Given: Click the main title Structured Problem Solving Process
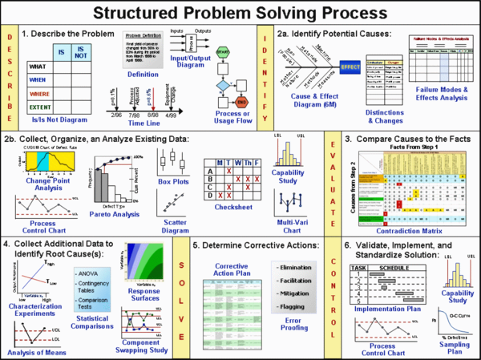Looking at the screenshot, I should pos(240,13).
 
